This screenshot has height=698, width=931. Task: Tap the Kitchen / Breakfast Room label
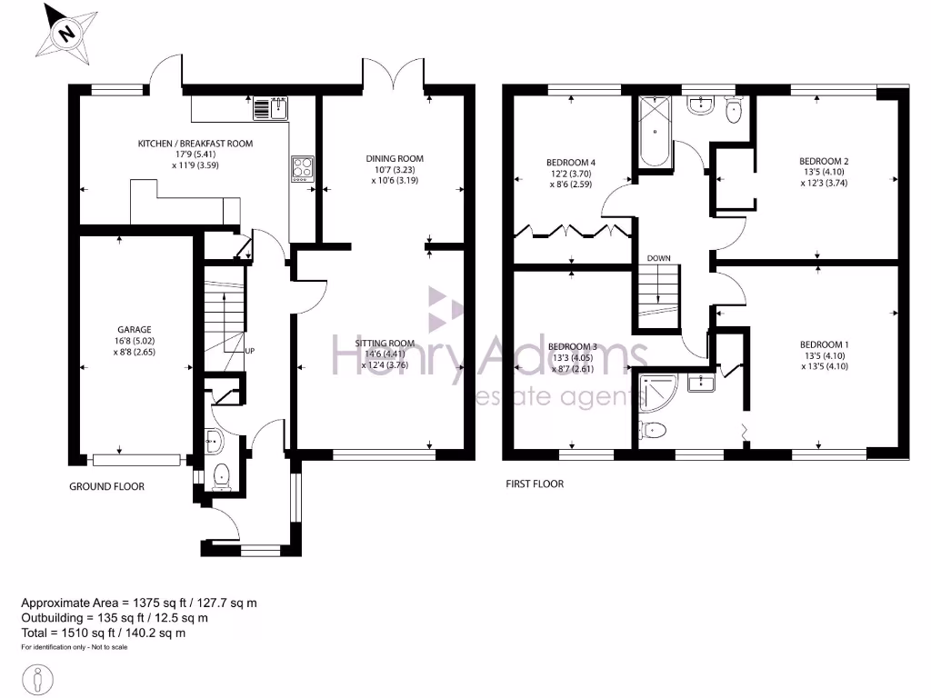pos(195,144)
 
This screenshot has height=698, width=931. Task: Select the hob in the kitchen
pos(302,169)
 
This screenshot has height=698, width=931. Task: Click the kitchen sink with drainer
pos(270,109)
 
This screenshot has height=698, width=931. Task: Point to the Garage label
pos(134,329)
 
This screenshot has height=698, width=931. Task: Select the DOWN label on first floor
pos(658,258)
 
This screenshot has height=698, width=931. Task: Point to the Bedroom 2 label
pos(824,162)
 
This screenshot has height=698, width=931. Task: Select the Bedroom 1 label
pos(824,344)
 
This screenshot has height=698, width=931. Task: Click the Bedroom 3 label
pos(573,346)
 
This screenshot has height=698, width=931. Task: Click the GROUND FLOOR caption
pos(106,486)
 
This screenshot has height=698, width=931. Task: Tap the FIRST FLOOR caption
pos(535,484)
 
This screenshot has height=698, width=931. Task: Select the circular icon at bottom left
pos(38,678)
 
